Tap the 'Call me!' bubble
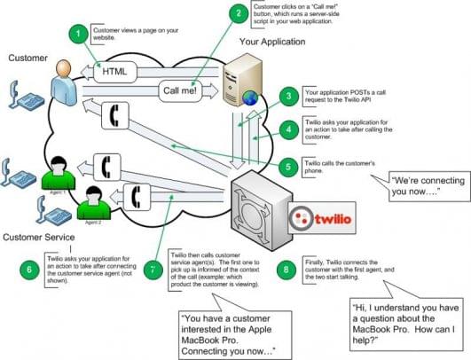tap(183, 90)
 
